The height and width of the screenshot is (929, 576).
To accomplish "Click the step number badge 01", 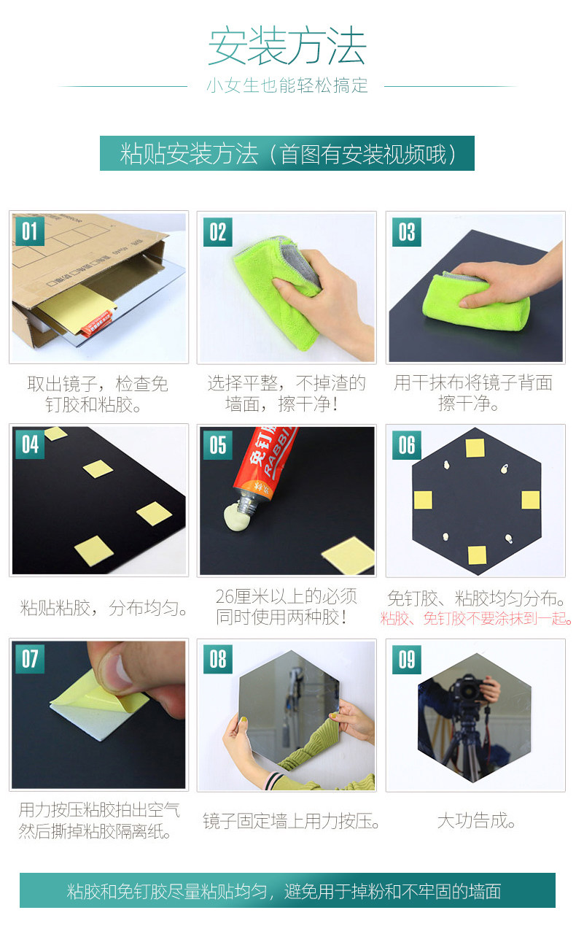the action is (x=30, y=231).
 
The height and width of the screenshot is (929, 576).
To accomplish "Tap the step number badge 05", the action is (x=218, y=444).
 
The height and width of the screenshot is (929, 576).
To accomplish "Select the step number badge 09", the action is (x=407, y=660).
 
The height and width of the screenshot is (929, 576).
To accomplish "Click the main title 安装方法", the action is (x=287, y=46).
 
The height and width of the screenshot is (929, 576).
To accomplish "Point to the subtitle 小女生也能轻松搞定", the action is (x=287, y=85).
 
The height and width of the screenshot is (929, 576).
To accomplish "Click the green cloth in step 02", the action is (x=277, y=290).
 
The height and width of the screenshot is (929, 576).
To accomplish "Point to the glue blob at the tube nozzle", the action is (x=237, y=517).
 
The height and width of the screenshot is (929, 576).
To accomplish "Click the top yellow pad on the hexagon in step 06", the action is (x=475, y=448).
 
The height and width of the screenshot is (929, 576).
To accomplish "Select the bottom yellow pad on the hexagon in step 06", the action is (x=477, y=555).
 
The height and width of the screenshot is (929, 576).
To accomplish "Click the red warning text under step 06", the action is (x=476, y=618).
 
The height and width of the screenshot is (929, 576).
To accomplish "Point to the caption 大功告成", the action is (x=476, y=821).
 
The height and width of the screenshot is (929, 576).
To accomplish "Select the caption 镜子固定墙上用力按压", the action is (x=291, y=821).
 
